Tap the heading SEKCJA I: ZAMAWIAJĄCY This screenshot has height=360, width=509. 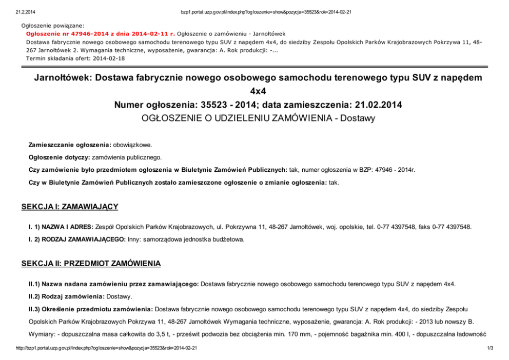click(70, 207)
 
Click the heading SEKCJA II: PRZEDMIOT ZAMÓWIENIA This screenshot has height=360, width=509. click(91, 264)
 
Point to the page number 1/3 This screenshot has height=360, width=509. click(490, 349)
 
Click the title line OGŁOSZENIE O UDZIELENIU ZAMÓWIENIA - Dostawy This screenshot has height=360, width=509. click(258, 118)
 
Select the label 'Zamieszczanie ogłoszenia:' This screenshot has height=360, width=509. click(70, 145)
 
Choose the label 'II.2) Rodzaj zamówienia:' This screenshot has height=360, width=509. click(67, 296)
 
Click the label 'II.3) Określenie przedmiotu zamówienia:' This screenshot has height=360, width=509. click(91, 309)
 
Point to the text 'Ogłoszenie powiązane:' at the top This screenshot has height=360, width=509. click(53, 25)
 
